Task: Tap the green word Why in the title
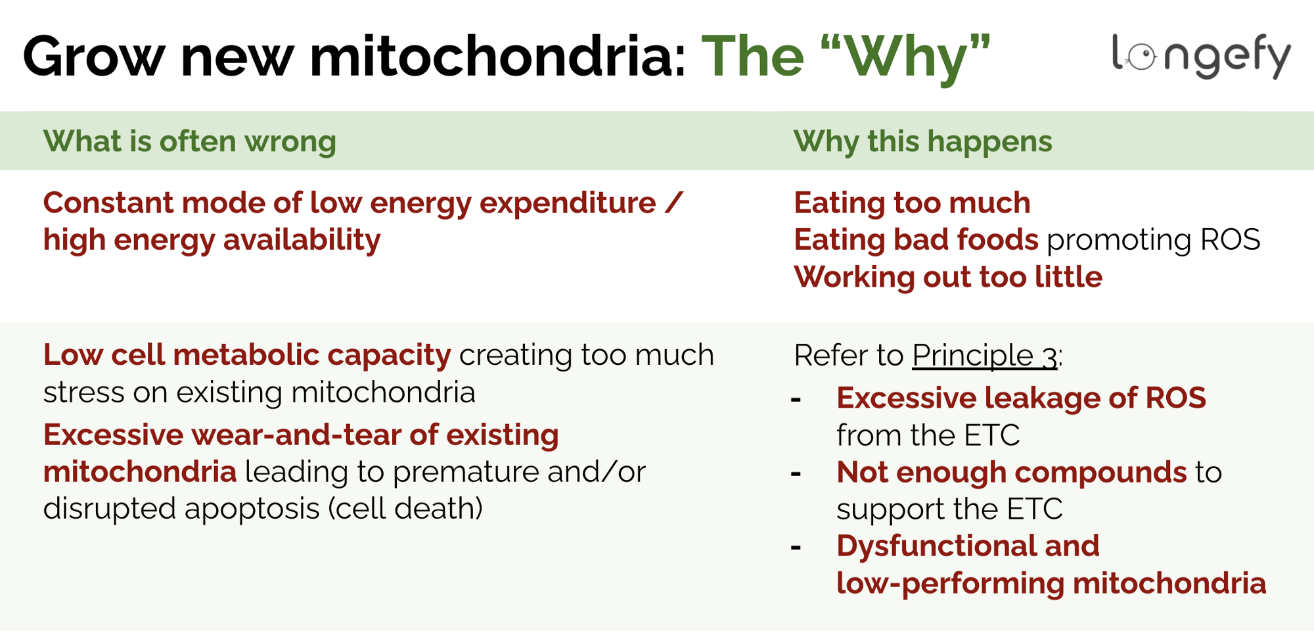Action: pyautogui.click(x=905, y=58)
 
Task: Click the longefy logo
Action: pyautogui.click(x=1200, y=57)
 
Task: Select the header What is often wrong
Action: pyautogui.click(x=189, y=141)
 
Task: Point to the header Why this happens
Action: pyautogui.click(x=922, y=141)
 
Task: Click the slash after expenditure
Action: pyautogui.click(x=673, y=202)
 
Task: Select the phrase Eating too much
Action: pyautogui.click(x=912, y=202)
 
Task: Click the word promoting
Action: pyautogui.click(x=1119, y=241)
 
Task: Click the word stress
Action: pyautogui.click(x=84, y=393)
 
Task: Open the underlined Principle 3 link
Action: pyautogui.click(x=984, y=356)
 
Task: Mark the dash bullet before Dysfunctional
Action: pyautogui.click(x=796, y=547)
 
